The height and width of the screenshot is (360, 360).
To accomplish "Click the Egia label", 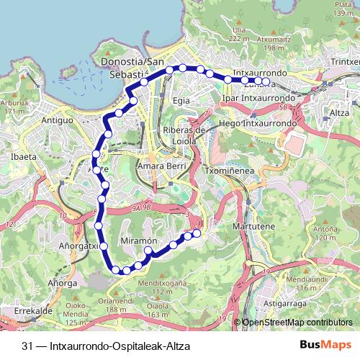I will [x=180, y=100].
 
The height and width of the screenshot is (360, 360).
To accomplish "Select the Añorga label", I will [x=62, y=283].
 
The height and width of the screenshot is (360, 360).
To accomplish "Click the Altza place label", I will [x=338, y=113].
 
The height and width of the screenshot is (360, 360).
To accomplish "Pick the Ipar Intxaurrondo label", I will [x=259, y=97].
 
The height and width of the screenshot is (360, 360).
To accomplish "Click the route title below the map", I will [x=105, y=346].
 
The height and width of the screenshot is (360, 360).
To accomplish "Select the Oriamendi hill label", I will [x=116, y=301].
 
